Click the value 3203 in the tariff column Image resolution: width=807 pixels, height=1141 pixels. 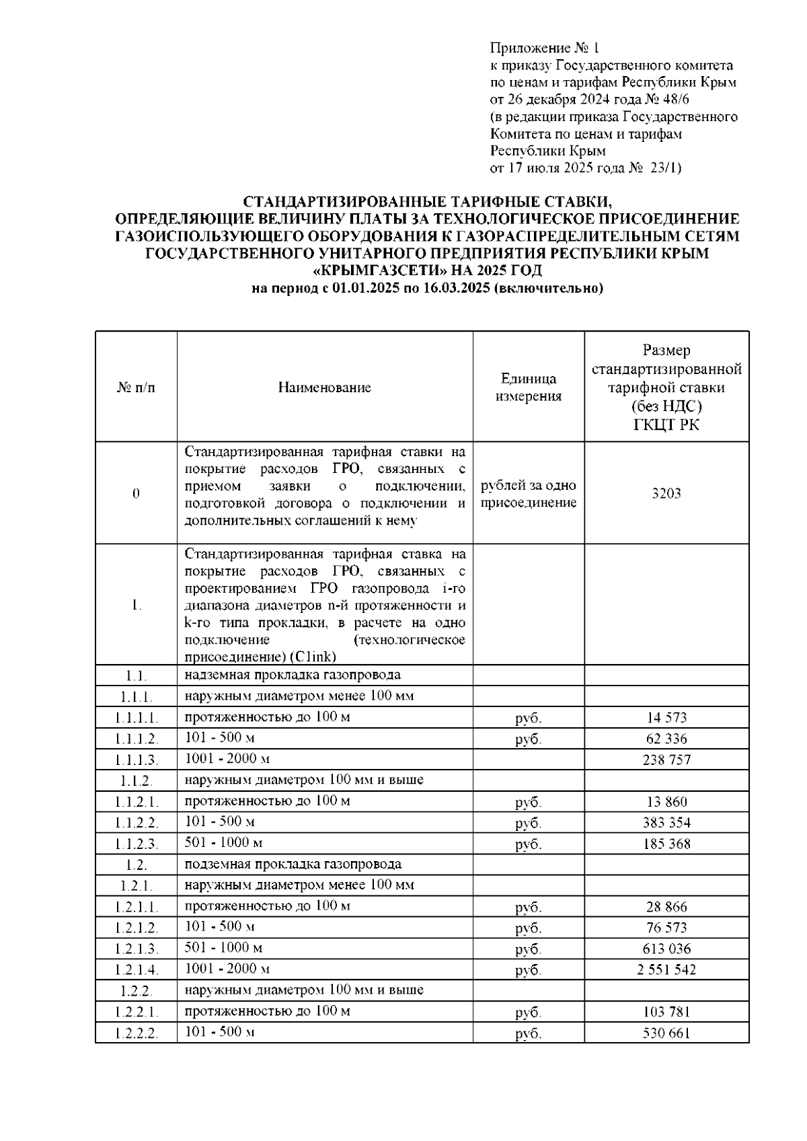coord(666,493)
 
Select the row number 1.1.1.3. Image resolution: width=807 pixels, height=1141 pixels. coord(136,760)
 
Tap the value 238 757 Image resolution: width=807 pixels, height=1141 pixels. coord(666,760)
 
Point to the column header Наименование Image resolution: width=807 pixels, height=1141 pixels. coord(324,388)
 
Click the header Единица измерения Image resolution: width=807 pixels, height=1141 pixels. coord(528,388)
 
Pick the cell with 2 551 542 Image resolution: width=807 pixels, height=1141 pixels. coord(666,969)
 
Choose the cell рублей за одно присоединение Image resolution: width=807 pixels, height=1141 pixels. coord(528,494)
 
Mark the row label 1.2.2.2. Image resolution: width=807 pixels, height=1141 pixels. coord(136,1033)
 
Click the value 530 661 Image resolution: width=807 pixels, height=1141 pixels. coord(666,1033)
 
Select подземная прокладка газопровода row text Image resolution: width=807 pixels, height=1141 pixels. coord(293,864)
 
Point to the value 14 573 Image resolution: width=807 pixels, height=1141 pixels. coord(666,718)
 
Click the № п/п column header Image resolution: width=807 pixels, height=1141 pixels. coord(136,388)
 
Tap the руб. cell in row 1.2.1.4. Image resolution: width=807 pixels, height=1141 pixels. coord(528,970)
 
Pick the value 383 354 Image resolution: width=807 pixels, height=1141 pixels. coord(666,822)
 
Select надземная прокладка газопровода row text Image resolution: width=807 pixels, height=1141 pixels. coord(293,675)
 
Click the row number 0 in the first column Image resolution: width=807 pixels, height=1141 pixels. coord(136,494)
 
